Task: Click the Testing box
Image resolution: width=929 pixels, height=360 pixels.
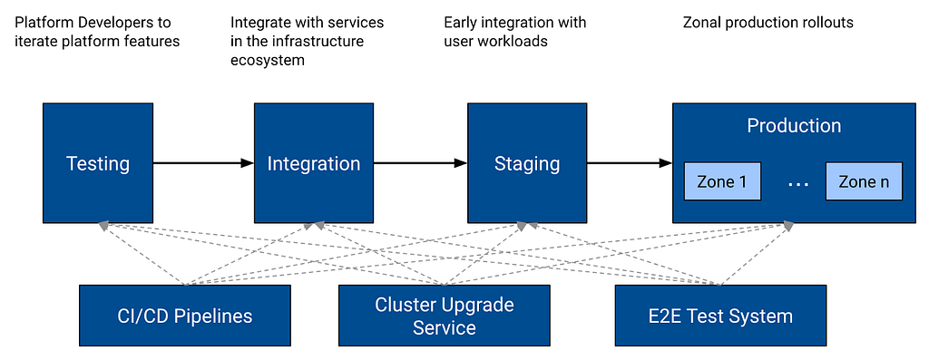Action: (x=98, y=163)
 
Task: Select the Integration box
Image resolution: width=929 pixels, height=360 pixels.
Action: (x=314, y=163)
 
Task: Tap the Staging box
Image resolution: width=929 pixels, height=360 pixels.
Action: (x=527, y=163)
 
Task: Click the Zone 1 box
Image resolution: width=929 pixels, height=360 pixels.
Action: (x=722, y=181)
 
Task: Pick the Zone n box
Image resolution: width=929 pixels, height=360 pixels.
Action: (x=864, y=181)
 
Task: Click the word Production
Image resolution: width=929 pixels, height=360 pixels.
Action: (x=794, y=125)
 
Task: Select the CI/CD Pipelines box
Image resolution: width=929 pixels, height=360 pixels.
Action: (x=185, y=316)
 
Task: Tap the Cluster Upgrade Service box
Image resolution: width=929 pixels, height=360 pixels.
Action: (x=444, y=316)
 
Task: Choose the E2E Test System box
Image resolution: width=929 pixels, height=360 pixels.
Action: (x=720, y=316)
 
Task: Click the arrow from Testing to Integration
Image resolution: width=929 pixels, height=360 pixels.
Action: (x=203, y=163)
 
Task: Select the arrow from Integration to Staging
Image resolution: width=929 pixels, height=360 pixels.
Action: (x=420, y=163)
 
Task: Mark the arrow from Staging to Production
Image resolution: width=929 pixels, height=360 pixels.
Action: (x=630, y=163)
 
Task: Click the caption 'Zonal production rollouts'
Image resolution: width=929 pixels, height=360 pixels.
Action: (x=768, y=23)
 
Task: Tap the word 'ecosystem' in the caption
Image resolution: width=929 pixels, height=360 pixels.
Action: (x=268, y=61)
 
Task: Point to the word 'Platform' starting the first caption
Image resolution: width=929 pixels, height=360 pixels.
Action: (x=39, y=23)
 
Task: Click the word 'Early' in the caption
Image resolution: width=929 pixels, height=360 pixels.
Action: (x=460, y=23)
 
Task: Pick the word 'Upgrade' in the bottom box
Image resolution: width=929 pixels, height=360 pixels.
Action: (x=479, y=306)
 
